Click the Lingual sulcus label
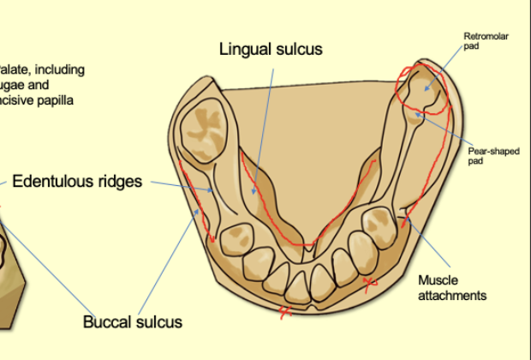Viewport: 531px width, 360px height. tap(271, 49)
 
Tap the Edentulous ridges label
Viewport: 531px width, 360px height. tap(77, 182)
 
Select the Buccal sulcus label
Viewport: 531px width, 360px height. tap(133, 322)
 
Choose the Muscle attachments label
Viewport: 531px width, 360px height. tap(451, 287)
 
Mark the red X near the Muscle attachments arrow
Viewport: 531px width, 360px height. tap(370, 284)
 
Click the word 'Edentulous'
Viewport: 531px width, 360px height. tap(53, 182)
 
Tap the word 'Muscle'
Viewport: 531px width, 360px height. tap(436, 279)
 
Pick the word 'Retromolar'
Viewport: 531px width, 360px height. tap(480, 36)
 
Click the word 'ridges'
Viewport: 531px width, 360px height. tap(120, 183)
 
